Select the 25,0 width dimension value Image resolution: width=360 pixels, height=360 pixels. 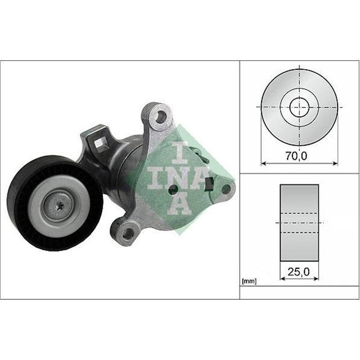click(299, 271)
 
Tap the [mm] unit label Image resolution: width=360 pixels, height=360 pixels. click(249, 282)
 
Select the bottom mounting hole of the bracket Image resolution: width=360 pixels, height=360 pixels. click(128, 232)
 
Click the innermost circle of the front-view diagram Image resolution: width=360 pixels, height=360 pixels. click(299, 107)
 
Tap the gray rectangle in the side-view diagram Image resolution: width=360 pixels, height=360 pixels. click(299, 222)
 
